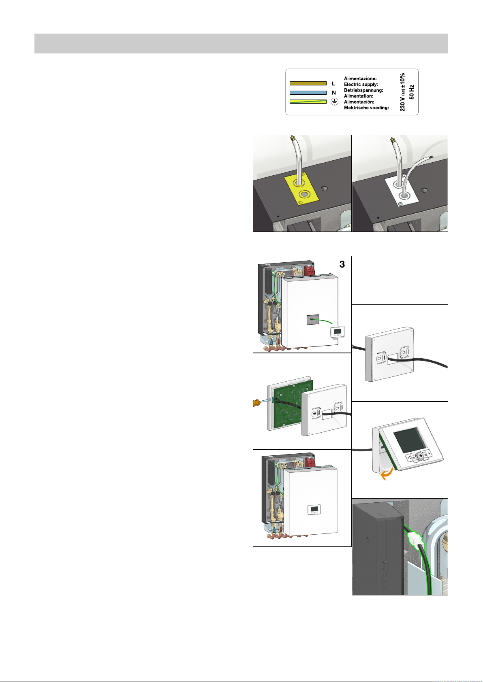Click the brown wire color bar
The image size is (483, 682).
pos(308,83)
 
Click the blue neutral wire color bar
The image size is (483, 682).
pos(308,93)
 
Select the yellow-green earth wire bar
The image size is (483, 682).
pos(308,102)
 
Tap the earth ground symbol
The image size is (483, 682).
pos(334,102)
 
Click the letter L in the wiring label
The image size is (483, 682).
pos(333,83)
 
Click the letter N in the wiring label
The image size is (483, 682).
pos(333,93)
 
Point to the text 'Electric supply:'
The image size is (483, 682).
pos(361,84)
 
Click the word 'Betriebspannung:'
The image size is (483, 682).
pos(363,90)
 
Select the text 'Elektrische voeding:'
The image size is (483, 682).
pos(366,108)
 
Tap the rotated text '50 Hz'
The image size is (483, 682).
pos(411,92)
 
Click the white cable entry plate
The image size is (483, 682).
pos(402,192)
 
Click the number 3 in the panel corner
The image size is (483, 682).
pos(342,264)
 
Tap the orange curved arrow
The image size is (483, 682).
pos(387,474)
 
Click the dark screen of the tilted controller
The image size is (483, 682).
pos(409,440)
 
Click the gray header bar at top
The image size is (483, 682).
pos(241,44)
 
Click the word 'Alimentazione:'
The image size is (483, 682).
pos(360,79)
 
